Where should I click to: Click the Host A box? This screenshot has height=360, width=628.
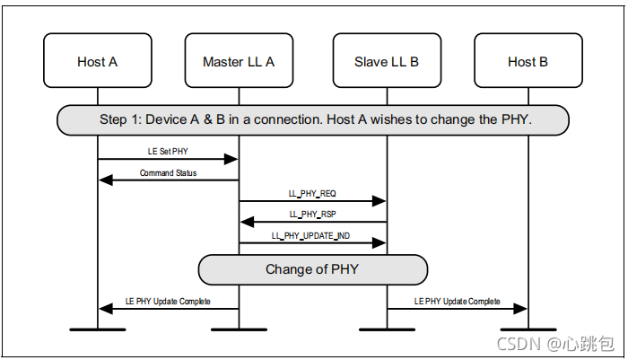(x=98, y=60)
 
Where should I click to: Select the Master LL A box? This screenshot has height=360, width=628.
(x=240, y=60)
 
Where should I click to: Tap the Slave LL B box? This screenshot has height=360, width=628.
(x=388, y=60)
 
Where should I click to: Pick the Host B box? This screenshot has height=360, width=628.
(x=528, y=60)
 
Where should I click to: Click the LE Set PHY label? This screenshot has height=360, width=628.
(x=168, y=152)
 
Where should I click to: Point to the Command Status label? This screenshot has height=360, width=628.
(x=169, y=173)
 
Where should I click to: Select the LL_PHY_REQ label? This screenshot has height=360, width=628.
(x=312, y=194)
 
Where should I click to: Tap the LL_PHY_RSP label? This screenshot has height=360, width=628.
(x=313, y=215)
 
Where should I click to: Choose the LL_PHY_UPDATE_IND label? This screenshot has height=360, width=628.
(x=310, y=236)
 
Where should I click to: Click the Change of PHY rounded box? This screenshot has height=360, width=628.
(x=313, y=270)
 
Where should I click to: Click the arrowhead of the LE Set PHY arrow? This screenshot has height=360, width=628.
(x=231, y=159)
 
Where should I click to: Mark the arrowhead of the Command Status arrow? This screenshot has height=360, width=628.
(x=106, y=180)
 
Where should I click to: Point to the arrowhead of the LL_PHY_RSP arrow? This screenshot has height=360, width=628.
(x=247, y=222)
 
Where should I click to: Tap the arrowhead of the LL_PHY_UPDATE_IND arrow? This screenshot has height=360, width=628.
(x=379, y=242)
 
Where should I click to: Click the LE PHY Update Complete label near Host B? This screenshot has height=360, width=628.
(x=457, y=302)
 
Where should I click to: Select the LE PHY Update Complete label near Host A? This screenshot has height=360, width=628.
(x=168, y=302)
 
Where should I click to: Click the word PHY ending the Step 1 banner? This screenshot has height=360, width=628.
(x=517, y=119)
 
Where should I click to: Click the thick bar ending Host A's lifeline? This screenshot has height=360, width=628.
(x=98, y=329)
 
